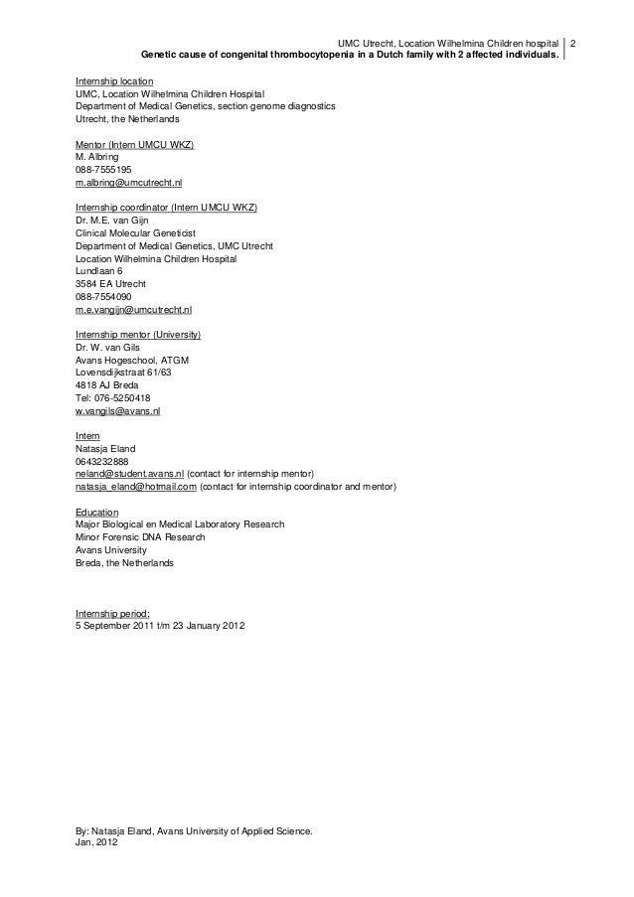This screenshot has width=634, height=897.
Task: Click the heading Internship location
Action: tap(114, 79)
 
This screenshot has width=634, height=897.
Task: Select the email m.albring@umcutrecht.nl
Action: tap(128, 184)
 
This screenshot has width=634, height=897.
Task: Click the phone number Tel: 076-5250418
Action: tap(113, 397)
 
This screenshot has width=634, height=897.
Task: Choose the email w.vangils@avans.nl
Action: tap(117, 411)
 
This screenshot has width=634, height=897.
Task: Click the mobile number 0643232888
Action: tap(102, 462)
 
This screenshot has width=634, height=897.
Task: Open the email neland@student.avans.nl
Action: tap(129, 475)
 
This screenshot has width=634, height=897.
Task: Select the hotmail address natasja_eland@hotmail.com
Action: tap(136, 488)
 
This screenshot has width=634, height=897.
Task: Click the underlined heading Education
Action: tap(96, 513)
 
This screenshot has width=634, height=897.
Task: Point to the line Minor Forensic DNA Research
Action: tap(141, 537)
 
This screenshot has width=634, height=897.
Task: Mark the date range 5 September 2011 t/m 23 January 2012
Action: tap(159, 626)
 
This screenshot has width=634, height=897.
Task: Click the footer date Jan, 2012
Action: tap(96, 841)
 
